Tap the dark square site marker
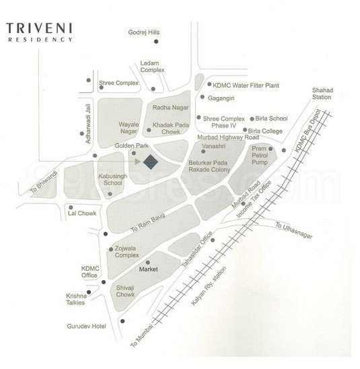pos(150,162)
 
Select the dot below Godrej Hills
pos(156,42)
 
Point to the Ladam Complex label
pos(153,67)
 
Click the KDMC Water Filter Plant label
pos(246,85)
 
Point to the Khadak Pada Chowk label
pos(172,129)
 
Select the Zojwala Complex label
pos(127,252)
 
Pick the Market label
pos(147,269)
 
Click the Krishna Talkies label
pos(76,300)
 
